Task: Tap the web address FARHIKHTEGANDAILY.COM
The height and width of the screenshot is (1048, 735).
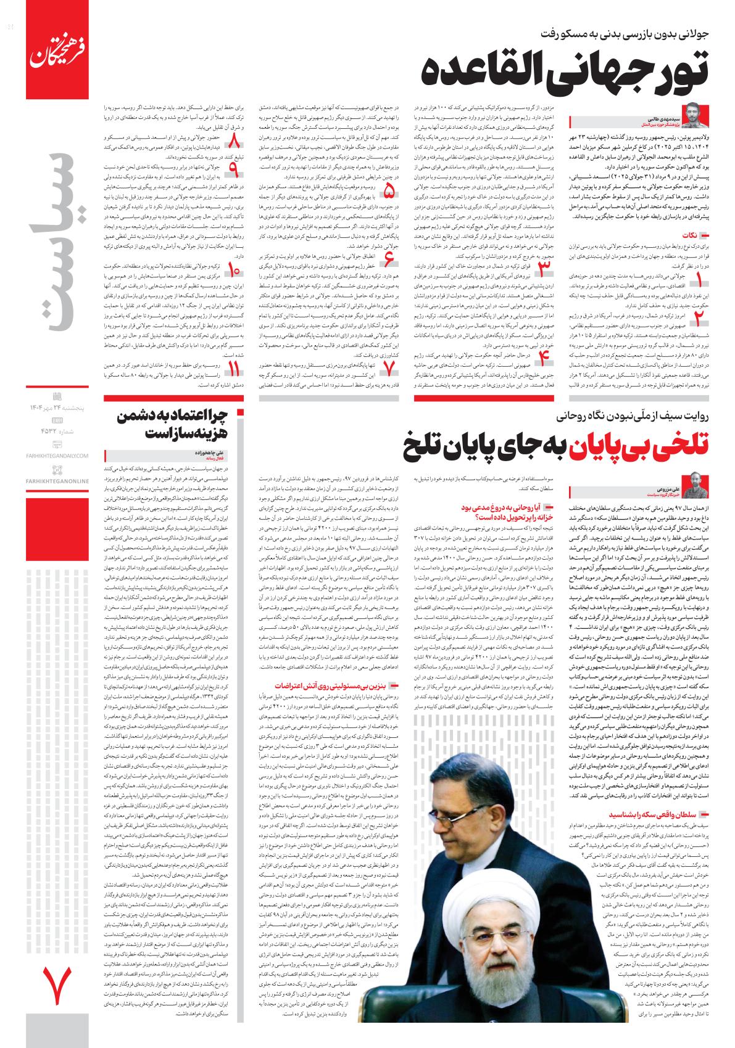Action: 57,456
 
